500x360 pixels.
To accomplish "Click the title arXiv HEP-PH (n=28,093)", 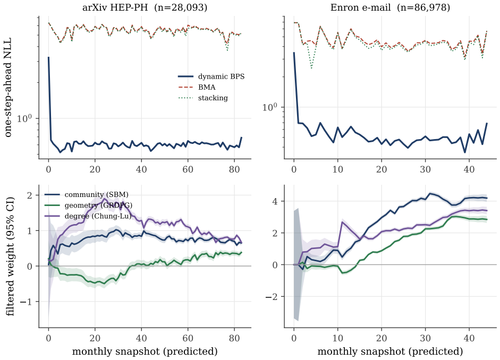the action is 145,7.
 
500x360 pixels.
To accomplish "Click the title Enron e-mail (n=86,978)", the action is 391,7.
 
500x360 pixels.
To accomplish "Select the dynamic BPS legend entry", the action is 211,76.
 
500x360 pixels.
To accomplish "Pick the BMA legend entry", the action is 197,87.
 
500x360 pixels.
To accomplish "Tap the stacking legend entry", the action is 203,98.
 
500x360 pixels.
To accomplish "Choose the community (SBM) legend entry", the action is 87,195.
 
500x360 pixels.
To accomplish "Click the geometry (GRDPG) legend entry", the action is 88,205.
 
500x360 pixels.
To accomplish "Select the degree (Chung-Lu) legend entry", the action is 88,216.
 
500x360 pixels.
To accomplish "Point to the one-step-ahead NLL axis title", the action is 8,87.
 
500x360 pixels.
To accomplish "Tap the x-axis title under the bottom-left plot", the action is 145,352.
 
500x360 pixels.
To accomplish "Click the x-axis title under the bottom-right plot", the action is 391,352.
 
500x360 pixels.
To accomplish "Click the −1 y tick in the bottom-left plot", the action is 26,302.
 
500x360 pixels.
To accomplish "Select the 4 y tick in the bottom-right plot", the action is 274,201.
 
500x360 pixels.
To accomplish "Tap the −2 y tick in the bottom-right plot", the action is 272,297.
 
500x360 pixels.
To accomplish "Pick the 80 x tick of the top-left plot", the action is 234,169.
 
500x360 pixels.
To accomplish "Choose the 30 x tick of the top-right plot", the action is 426,169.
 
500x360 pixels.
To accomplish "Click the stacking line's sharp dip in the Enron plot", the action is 311,68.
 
